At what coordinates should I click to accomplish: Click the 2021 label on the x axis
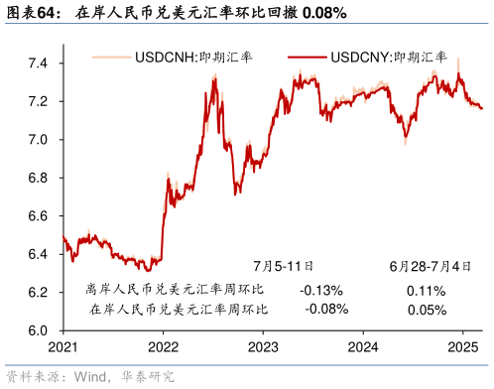(62, 347)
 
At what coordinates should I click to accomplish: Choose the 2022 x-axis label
(163, 347)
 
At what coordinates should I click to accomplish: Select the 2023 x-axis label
(263, 347)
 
